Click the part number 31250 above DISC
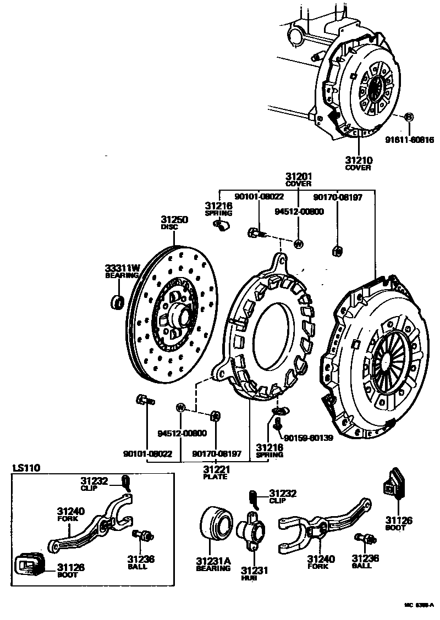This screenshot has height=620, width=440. click(174, 219)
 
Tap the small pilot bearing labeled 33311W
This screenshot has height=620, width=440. click(117, 301)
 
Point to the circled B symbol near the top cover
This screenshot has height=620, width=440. click(409, 117)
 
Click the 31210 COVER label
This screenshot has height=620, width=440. click(358, 163)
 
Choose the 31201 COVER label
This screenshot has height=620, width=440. click(299, 179)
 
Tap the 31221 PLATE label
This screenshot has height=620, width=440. click(216, 472)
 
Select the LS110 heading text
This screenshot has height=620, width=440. click(26, 468)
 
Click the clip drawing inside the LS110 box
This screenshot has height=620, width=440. click(127, 483)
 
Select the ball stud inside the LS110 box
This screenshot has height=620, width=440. click(144, 535)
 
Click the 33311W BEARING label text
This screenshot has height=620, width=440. click(123, 271)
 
